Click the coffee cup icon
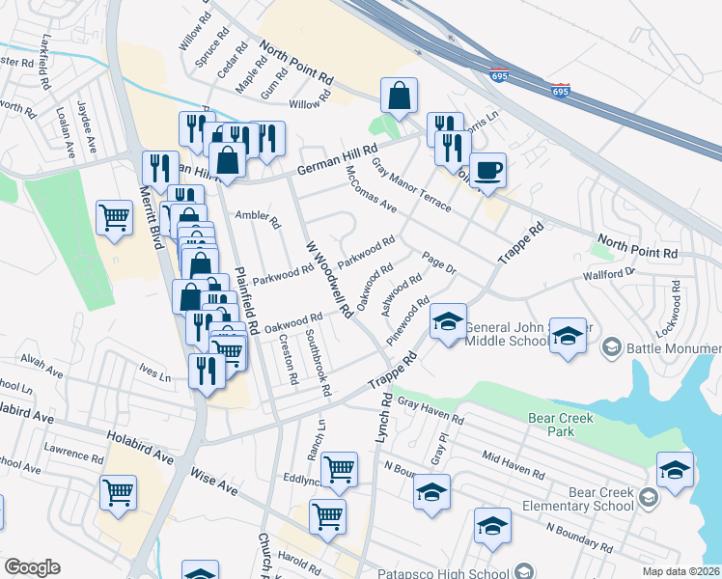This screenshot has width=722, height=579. tap(487, 168)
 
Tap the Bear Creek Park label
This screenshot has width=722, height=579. tap(561, 425)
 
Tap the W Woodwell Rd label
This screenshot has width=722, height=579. tap(327, 280)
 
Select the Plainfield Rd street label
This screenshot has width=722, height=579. tap(245, 289)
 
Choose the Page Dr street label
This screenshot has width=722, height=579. tap(438, 262)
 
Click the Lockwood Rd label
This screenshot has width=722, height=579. tap(676, 301)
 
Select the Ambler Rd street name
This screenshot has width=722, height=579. tap(258, 220)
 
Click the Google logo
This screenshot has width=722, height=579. tap(32, 567)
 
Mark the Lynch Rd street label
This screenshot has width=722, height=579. tap(383, 418)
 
